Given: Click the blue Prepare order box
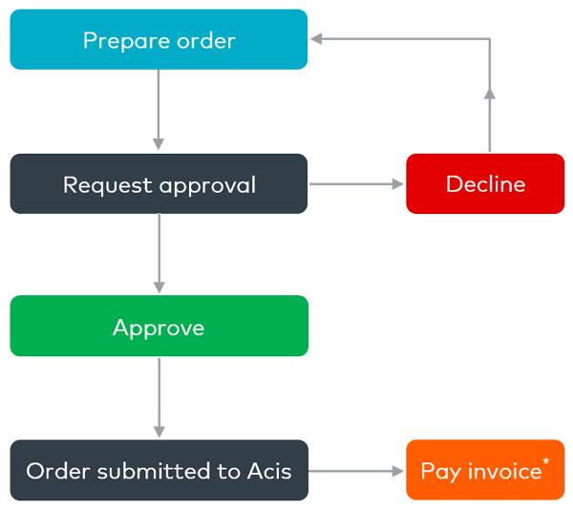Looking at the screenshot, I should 159,40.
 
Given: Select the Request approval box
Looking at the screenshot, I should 159,184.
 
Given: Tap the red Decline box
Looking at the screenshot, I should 485,184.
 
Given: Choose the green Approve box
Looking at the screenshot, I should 159,327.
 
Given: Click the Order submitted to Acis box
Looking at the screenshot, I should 159,471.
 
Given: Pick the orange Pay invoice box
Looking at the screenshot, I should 485,471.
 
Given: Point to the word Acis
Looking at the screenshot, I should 269,471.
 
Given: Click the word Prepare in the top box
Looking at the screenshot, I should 117,41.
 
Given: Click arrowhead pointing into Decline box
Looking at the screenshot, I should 398,184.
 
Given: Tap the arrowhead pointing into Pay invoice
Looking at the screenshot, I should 398,471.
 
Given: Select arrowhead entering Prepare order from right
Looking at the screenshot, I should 317,39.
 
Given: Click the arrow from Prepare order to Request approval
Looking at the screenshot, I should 159,110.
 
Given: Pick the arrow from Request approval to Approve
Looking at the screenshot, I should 159,253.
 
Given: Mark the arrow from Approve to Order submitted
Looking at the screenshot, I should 159,396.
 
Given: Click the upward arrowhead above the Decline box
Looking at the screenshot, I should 489,92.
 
